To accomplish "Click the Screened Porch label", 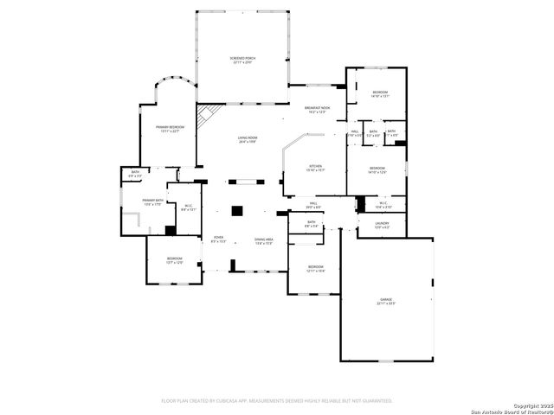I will pyautogui.click(x=242, y=59).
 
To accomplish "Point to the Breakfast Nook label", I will pyautogui.click(x=317, y=109).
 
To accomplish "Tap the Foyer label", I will pyautogui.click(x=218, y=239).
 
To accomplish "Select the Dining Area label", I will pyautogui.click(x=264, y=239).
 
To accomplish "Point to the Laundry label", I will pyautogui.click(x=382, y=225).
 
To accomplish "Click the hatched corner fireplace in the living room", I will pyautogui.click(x=204, y=115).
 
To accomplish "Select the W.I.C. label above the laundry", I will pyautogui.click(x=383, y=205).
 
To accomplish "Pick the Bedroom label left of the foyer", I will pyautogui.click(x=174, y=259).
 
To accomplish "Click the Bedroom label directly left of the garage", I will pyautogui.click(x=315, y=268).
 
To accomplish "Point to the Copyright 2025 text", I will pyautogui.click(x=530, y=405).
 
